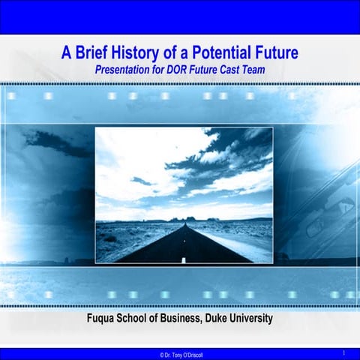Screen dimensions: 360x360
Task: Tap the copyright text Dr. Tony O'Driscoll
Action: pos(184,354)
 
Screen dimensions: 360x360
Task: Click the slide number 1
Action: pos(343,352)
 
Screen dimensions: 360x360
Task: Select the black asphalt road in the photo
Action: pos(180,244)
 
